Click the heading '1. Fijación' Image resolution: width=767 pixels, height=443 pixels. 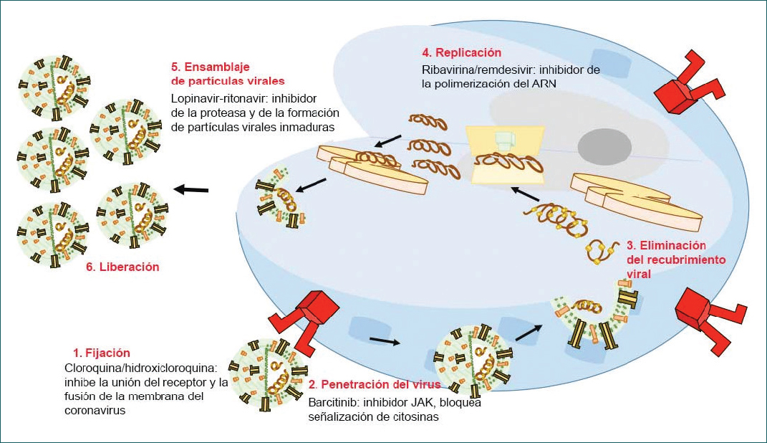(102, 353)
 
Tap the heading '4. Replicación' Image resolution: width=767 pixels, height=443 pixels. (461, 53)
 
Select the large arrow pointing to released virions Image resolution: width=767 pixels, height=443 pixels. (190, 189)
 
